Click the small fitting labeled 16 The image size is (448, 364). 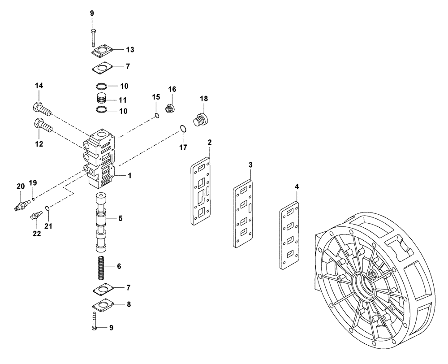tap(170, 109)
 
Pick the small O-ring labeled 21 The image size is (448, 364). tap(48, 208)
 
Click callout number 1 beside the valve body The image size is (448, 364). tap(129, 176)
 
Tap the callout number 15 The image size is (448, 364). tap(155, 97)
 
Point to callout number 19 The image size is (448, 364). tap(33, 183)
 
